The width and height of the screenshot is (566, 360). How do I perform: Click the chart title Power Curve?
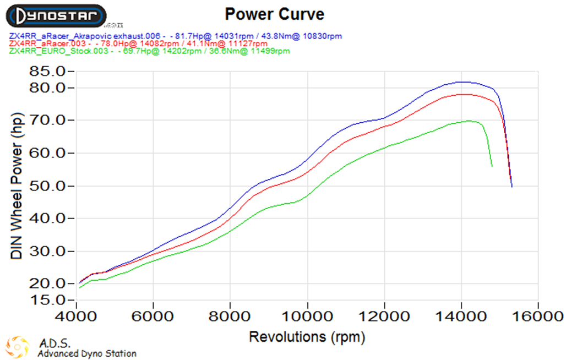coord(275,14)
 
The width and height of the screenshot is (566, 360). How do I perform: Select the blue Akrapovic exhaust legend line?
coord(176,36)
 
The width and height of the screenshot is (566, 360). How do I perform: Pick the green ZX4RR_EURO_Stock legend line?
coord(149,51)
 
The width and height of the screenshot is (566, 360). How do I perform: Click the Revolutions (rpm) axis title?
coord(307,336)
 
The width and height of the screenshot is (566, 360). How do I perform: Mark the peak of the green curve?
coord(469,121)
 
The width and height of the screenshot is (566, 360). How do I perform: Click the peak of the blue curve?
coord(463,81)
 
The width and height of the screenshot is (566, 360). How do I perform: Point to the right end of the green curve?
coord(492,166)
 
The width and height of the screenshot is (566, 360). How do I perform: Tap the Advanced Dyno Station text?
coord(87,353)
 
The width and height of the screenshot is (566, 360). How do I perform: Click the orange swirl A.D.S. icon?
coord(19,347)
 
